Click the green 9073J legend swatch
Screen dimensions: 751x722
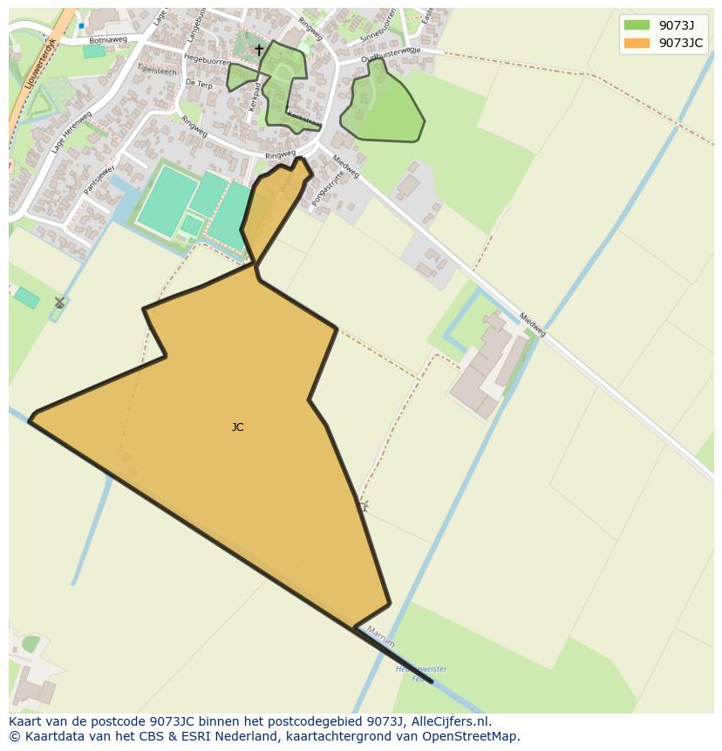(x=637, y=24)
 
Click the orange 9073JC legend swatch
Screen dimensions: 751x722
(x=637, y=43)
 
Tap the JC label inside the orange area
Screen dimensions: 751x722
(x=237, y=427)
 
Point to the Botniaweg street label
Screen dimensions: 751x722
(x=107, y=40)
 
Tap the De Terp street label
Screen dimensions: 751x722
(x=199, y=85)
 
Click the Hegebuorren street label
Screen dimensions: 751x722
(x=207, y=60)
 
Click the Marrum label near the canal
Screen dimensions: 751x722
(x=380, y=636)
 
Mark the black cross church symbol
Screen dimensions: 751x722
(x=258, y=50)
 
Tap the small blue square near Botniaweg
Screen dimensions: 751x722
(x=81, y=25)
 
